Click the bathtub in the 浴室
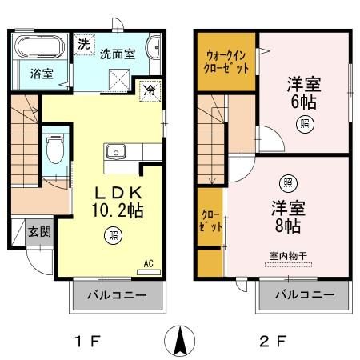pos(42,46)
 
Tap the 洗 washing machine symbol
pos(84,44)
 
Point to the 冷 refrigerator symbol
pos(149,90)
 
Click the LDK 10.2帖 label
pos(119,202)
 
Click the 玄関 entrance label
pos(40,232)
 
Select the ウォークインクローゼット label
pos(227,62)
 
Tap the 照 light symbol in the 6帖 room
pos(305,123)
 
